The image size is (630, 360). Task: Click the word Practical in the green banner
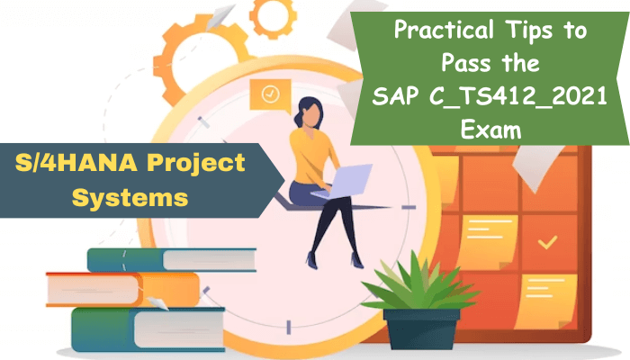coord(444,31)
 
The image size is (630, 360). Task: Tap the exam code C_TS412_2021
coord(517,97)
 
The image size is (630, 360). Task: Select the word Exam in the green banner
coord(490,130)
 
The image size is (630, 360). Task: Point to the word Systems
coord(130,197)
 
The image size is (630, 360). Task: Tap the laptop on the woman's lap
coord(342,182)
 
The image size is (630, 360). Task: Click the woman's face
coord(311,115)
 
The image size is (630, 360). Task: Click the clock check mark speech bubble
coord(270,95)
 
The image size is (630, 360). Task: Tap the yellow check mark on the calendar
coord(547,242)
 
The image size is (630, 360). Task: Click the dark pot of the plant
coord(421,328)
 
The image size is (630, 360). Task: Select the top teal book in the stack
coord(172,260)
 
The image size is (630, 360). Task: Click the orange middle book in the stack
coord(123,289)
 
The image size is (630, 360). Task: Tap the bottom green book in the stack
coord(148,329)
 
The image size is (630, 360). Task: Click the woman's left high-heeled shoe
coord(311,260)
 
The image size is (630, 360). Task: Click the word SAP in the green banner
coord(395,96)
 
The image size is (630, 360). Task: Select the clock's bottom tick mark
coord(289,327)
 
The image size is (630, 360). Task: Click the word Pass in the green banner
coord(465,63)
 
